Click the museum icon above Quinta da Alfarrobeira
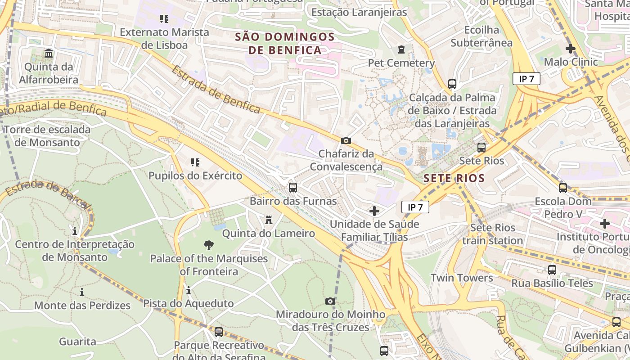click(49, 54)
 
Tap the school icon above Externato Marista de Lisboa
click(164, 19)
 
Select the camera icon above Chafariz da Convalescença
click(346, 140)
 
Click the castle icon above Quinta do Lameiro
click(269, 220)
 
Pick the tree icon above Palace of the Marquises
click(208, 245)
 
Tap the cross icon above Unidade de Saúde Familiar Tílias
click(374, 211)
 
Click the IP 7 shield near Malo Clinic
click(526, 79)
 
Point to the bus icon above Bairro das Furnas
click(293, 187)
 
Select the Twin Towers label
click(462, 278)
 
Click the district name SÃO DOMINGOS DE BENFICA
click(285, 43)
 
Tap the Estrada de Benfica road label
click(216, 90)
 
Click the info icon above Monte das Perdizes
click(82, 292)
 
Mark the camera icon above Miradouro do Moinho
click(330, 301)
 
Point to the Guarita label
click(77, 342)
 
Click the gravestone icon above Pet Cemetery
click(401, 49)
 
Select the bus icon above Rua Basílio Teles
click(552, 270)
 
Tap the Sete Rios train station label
click(492, 234)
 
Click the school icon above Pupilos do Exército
click(195, 162)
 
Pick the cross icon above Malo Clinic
click(571, 49)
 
